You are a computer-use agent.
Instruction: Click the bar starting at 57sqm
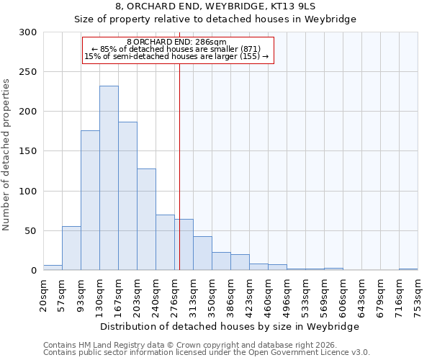[71, 248]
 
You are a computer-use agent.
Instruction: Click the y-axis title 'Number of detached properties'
[6, 155]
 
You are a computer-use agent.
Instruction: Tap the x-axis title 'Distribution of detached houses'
[228, 326]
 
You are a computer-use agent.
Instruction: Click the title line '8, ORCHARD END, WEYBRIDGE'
[215, 6]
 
